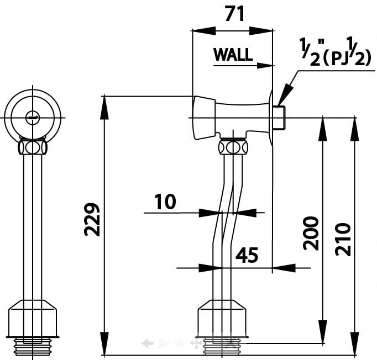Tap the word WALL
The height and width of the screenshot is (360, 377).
233,55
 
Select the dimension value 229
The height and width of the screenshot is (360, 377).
92,220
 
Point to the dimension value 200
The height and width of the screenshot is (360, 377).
311,233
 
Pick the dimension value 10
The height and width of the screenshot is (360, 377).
165,202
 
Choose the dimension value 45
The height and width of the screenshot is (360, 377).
247,255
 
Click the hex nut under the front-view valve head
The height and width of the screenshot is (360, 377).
32,147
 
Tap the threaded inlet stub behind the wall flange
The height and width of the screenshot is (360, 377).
280,117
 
